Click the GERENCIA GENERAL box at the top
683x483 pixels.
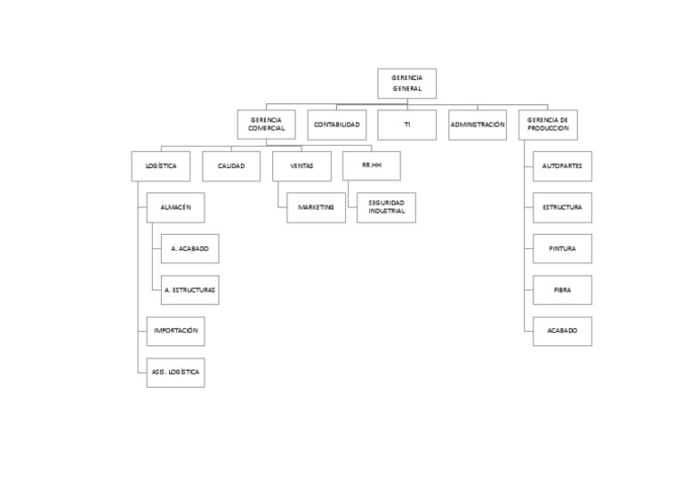(406, 84)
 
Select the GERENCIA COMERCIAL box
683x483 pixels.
(267, 125)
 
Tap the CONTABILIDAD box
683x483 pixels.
(337, 125)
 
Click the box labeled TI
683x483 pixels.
(406, 125)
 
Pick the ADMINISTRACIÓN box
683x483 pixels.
(477, 125)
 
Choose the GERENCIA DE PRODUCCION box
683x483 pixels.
(547, 125)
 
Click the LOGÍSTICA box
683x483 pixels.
(160, 166)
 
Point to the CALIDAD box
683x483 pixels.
(231, 166)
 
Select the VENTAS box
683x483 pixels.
(301, 166)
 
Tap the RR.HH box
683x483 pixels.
(371, 166)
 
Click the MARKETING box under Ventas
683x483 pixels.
(316, 207)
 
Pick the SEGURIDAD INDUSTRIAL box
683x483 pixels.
(386, 207)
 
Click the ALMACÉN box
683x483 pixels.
(175, 207)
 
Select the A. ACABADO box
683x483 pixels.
(189, 249)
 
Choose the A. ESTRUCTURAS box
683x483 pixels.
(189, 290)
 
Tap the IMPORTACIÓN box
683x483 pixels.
(175, 331)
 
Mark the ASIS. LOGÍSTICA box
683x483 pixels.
(175, 372)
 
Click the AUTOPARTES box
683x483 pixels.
(562, 166)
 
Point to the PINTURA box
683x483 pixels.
(562, 249)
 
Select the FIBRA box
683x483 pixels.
(562, 290)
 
